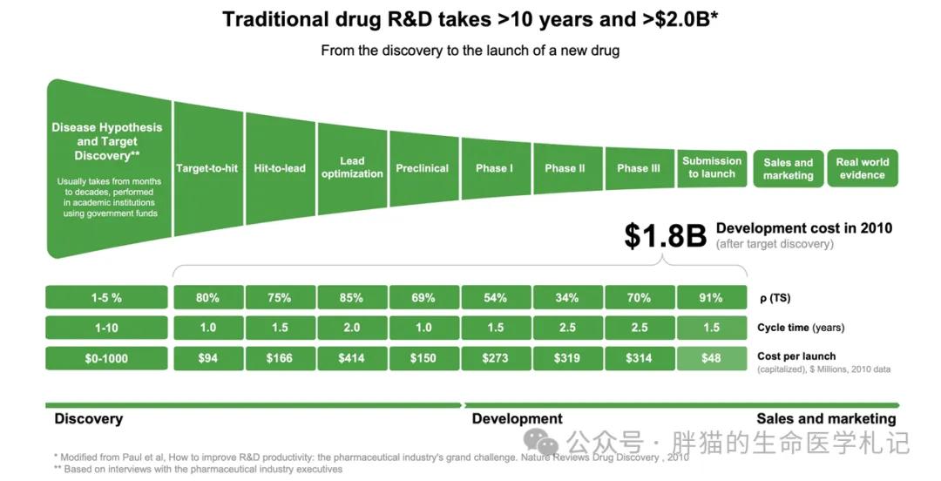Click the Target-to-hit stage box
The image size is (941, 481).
tap(206, 168)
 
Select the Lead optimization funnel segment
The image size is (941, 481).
tap(352, 167)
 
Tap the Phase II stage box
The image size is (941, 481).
tap(565, 168)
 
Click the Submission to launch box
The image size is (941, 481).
tap(712, 167)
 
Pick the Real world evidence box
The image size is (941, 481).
tap(863, 168)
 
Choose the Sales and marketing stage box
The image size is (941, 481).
tap(789, 169)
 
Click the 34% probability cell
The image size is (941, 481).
tap(567, 298)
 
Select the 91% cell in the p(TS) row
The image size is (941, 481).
tap(711, 298)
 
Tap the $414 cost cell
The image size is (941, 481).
tap(352, 358)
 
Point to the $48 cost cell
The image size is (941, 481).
tap(711, 358)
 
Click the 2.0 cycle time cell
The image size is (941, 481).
tap(352, 328)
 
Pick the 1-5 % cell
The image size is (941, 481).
tap(106, 298)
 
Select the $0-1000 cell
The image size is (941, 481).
tap(106, 358)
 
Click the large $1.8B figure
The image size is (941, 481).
tap(665, 236)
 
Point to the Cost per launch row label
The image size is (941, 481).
tap(797, 356)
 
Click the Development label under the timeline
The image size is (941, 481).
tap(518, 419)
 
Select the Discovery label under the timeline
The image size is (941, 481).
tap(89, 419)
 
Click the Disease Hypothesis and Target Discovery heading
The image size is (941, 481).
tap(106, 141)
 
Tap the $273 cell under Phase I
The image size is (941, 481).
tap(495, 358)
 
